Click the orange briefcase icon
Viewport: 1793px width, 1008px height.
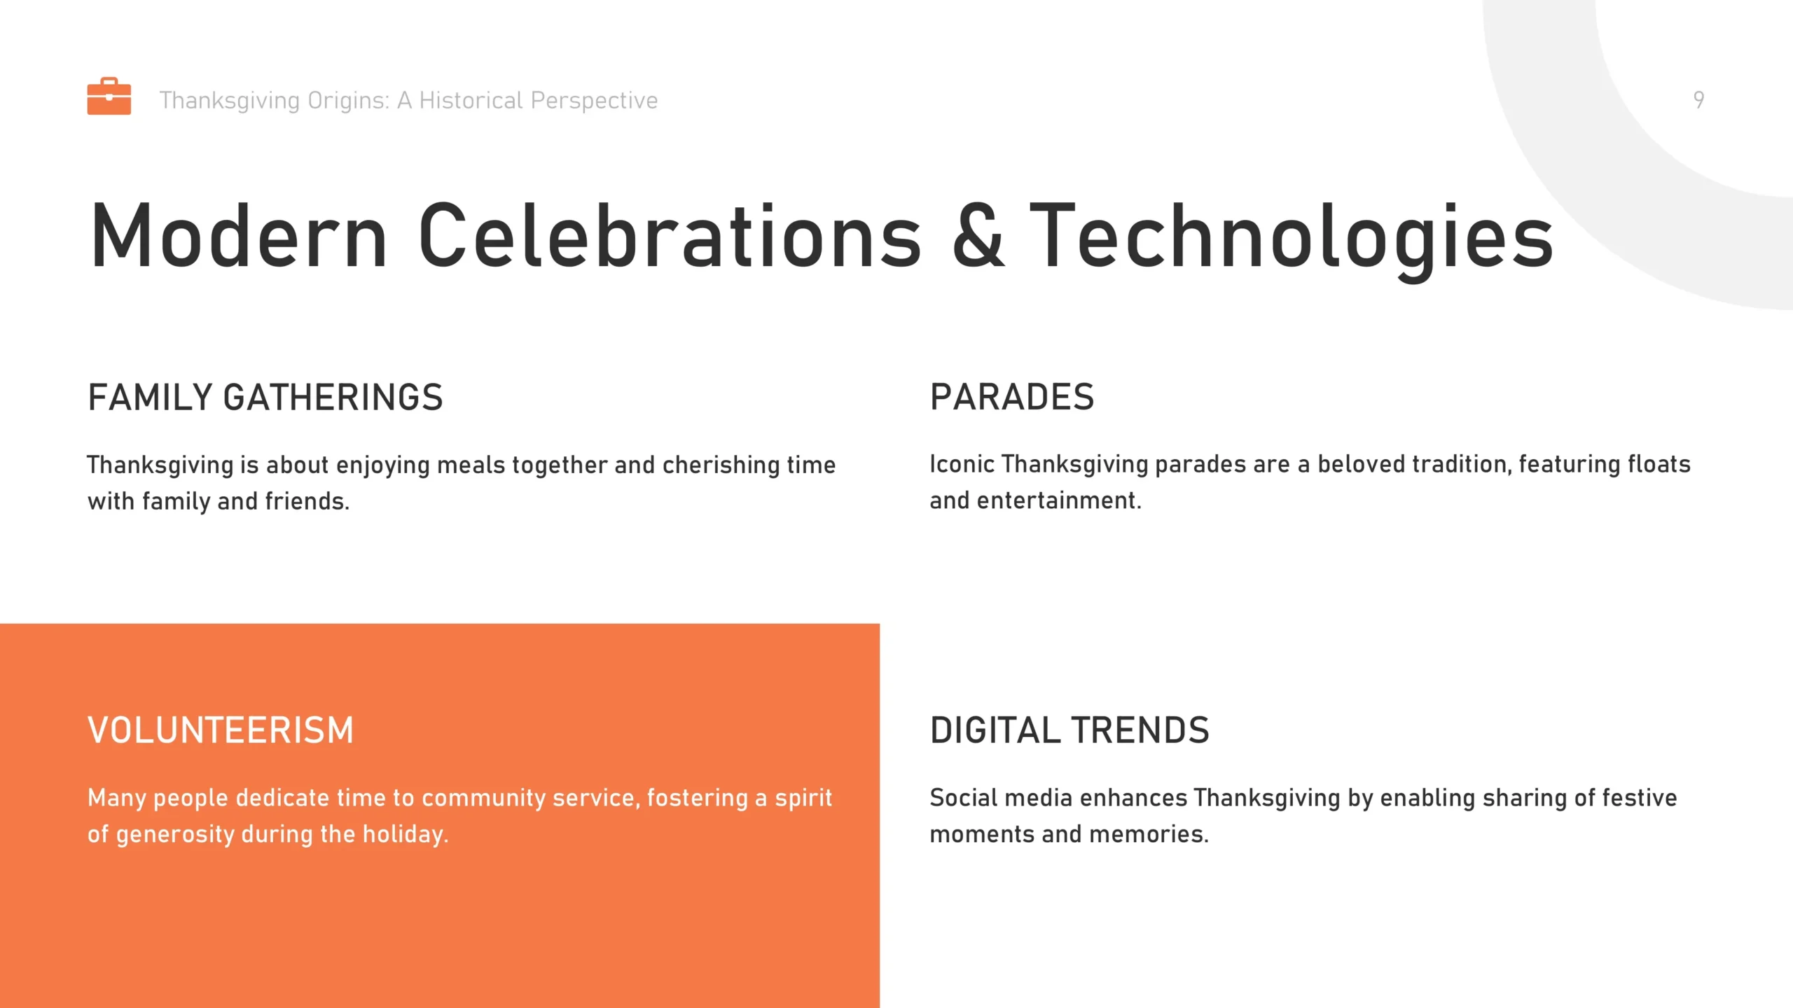coord(109,96)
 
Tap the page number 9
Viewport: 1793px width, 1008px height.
coord(1698,100)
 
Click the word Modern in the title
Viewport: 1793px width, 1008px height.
coord(239,235)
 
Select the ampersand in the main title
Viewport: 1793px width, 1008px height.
coord(978,235)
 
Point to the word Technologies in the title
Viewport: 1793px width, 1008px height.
coord(1292,241)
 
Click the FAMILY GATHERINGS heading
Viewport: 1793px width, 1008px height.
coord(265,398)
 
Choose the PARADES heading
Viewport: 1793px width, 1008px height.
coord(1012,398)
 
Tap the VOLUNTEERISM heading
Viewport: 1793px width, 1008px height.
coord(221,731)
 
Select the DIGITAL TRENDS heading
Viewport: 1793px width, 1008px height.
coord(1069,731)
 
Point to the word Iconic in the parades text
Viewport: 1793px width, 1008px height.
coord(962,464)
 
